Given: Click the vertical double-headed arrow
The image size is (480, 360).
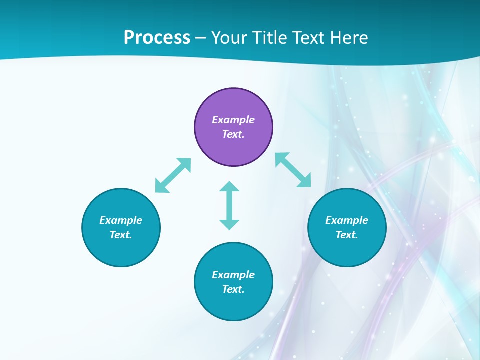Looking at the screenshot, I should pos(229,205).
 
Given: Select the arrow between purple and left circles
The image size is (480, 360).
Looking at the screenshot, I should pos(173,175).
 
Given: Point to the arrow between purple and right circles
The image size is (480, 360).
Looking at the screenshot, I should pos(293,170).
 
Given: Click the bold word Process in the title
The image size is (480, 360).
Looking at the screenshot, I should pos(157,37).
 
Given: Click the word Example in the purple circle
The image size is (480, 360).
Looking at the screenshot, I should pos(233,120).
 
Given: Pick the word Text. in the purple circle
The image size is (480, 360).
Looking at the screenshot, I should pos(233,134).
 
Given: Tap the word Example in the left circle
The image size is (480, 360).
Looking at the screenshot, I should pos(121,220).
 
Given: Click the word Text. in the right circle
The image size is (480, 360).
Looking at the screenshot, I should pos(347,235).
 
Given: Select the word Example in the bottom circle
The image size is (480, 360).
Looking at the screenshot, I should pos(233,275).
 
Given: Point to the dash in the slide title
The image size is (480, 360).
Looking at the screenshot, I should pos(201,38).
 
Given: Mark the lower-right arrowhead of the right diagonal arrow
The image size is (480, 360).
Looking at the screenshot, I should pos(305,181).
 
